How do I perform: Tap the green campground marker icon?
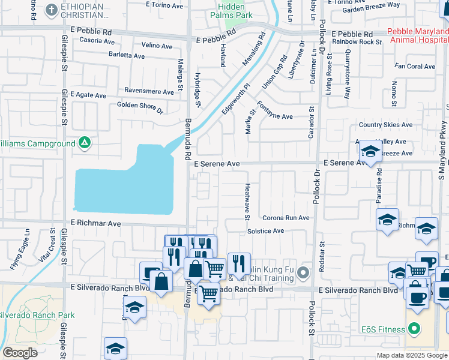coord(85,143)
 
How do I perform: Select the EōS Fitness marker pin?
coord(413,328)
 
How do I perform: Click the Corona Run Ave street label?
coord(285,218)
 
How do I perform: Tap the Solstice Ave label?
coord(265,231)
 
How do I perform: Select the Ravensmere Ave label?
coord(149,91)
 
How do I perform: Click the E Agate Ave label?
coord(88,95)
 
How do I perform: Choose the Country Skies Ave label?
coord(385,125)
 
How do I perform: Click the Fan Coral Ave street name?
coord(415,67)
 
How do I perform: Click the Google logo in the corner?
coord(19,353)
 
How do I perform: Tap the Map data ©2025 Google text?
coord(412,355)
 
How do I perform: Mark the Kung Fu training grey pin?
coord(303,273)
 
